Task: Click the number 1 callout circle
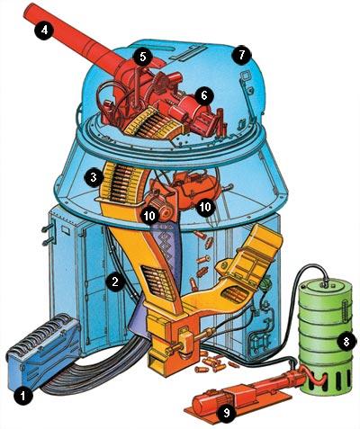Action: [23, 396]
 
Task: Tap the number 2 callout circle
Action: [115, 282]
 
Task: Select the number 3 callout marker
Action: [94, 178]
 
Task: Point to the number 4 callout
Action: [44, 30]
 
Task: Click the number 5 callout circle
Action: [143, 57]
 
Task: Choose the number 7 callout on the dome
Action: [241, 55]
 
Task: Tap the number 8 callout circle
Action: [346, 342]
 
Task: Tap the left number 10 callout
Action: [149, 215]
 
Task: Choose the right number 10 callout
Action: [205, 207]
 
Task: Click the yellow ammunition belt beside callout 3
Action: [120, 183]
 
